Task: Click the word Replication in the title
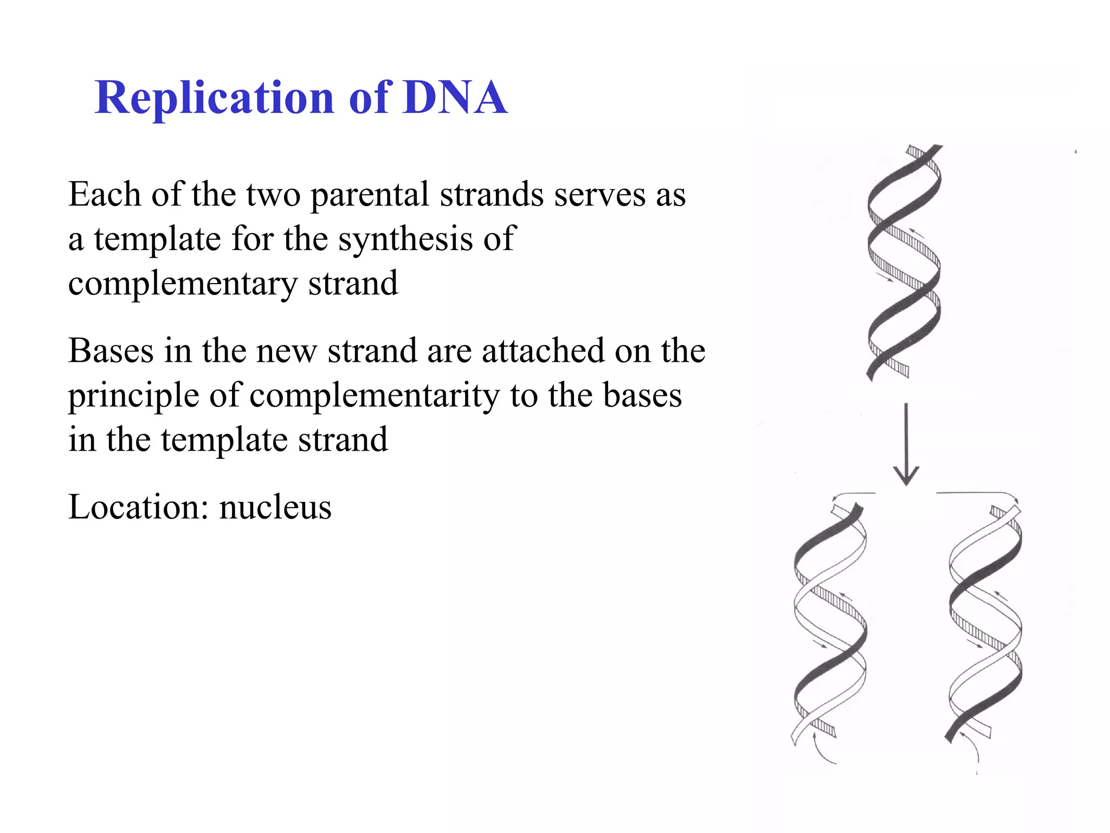click(x=215, y=98)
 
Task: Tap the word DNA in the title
click(x=455, y=98)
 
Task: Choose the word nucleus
click(x=275, y=508)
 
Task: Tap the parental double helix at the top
click(x=904, y=263)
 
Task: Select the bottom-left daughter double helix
click(x=830, y=624)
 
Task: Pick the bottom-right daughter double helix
click(x=985, y=624)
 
